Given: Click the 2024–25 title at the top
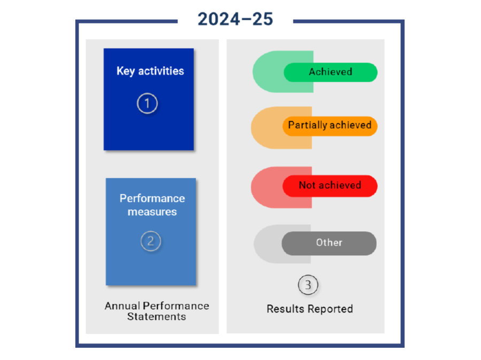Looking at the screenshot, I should click(x=235, y=19).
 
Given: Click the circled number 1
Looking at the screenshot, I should click(x=147, y=103).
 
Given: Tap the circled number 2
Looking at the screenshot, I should click(x=150, y=241).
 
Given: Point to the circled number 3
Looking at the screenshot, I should click(x=308, y=285).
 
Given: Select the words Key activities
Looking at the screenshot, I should click(x=150, y=71).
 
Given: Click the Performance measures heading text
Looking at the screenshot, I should click(x=152, y=205).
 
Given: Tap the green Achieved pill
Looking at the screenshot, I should click(x=330, y=72).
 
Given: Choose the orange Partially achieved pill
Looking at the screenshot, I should click(x=330, y=126).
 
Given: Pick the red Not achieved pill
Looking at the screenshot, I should click(x=330, y=185).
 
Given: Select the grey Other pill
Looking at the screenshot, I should click(x=329, y=243).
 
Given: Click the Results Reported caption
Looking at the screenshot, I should click(x=309, y=309).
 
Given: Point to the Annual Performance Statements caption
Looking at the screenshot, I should click(x=157, y=311).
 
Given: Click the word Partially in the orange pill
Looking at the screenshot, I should click(x=307, y=126).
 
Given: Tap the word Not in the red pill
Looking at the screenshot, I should click(x=307, y=185).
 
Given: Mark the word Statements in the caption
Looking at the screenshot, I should click(x=157, y=317).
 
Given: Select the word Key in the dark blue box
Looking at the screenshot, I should click(x=126, y=71).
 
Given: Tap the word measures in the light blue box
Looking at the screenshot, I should click(x=152, y=212).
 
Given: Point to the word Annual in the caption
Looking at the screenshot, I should click(x=122, y=306).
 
